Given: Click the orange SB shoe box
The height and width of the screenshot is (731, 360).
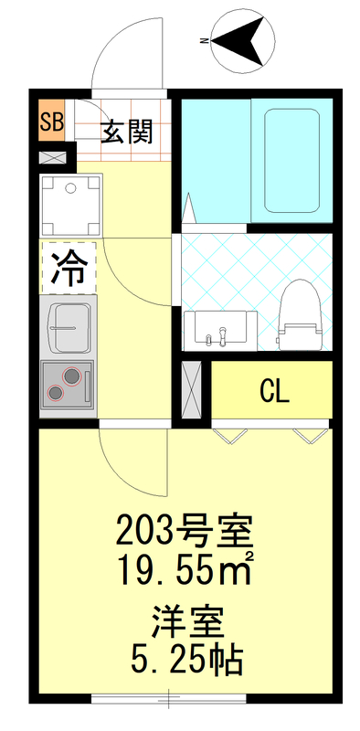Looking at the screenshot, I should [x=51, y=122].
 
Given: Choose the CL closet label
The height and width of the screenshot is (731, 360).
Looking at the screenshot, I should [x=274, y=391].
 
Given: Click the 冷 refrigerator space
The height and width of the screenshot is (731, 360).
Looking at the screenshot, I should [x=68, y=267].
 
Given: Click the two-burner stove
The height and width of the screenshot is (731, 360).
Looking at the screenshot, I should [x=68, y=382].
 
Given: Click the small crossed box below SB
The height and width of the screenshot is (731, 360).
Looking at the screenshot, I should [x=53, y=157].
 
